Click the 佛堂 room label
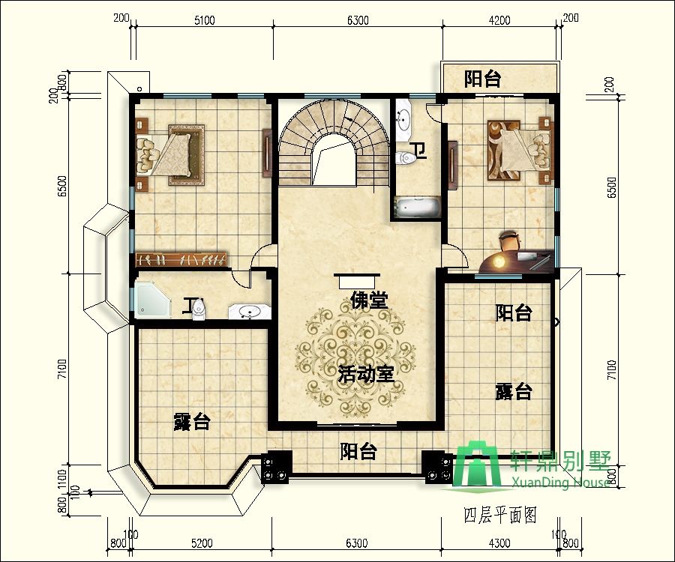coord(369,301)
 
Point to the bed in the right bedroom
coord(518,150)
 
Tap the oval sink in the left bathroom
coord(247,310)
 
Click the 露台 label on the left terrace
coord(191,421)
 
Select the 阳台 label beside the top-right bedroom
coord(482,79)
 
